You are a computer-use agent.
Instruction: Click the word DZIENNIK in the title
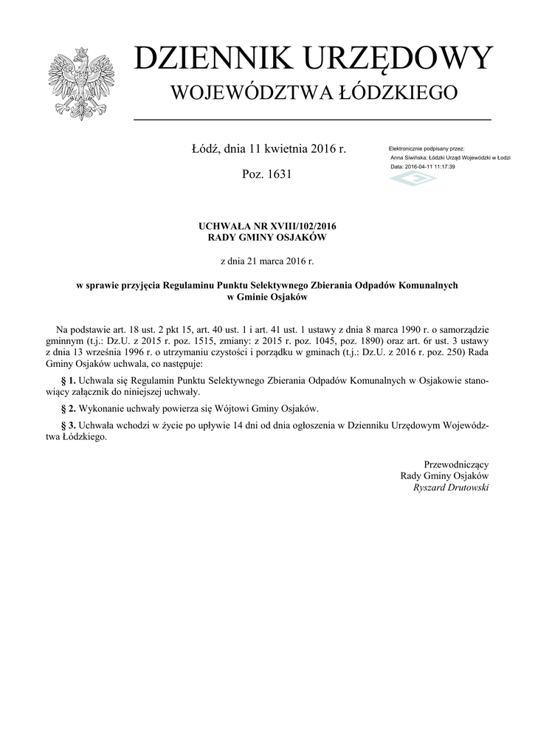206,59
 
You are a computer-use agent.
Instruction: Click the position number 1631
277,175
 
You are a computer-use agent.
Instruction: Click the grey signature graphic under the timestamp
413,179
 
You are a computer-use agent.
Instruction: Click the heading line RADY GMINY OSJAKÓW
267,238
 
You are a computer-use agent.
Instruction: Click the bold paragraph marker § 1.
68,381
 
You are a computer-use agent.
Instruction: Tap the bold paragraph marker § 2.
68,408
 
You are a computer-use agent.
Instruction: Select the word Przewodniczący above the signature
456,464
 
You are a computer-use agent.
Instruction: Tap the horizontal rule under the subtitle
312,119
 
